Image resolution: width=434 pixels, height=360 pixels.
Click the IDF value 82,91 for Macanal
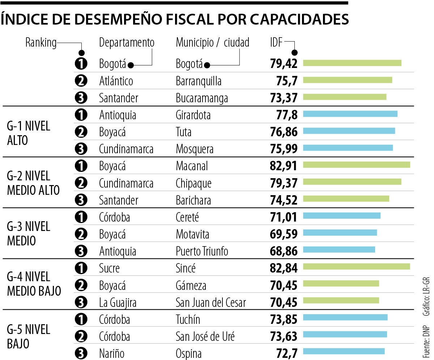point(283,166)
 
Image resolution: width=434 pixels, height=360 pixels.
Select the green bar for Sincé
point(356,266)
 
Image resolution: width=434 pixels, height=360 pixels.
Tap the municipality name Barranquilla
point(199,81)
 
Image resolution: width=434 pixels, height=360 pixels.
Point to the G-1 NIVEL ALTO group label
point(29,133)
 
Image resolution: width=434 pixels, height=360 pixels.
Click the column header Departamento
point(127,43)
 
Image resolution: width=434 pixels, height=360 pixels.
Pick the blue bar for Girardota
point(350,114)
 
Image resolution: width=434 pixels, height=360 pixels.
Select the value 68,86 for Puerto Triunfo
point(283,251)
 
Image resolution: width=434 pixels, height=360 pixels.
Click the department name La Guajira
point(118,302)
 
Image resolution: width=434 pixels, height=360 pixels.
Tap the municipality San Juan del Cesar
point(211,302)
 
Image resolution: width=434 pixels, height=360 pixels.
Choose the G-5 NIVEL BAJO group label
point(29,337)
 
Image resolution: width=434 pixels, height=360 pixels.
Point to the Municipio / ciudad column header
point(213,43)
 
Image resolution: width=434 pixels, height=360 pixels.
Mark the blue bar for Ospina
point(344,351)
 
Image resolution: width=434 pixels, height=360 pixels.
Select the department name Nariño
point(111,353)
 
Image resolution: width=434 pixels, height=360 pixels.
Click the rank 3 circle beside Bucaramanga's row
point(81,98)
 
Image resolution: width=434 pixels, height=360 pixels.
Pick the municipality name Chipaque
point(193,183)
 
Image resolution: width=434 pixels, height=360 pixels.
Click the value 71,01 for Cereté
point(283,217)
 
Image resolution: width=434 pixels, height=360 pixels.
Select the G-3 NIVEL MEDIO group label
point(29,233)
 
